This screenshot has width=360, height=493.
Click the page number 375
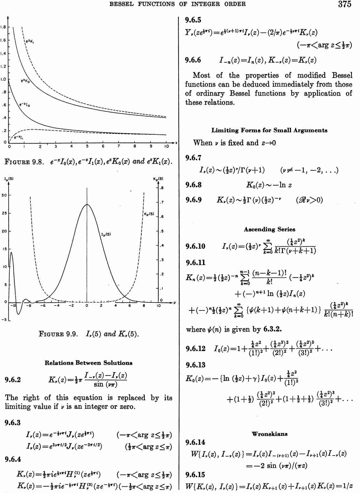tap(344, 4)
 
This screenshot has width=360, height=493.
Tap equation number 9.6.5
tap(193, 20)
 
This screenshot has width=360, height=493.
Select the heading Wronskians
tap(269, 434)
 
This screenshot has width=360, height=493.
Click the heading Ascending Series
tap(269, 229)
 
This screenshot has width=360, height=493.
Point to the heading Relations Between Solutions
tap(88, 363)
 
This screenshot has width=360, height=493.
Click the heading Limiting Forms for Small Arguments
tap(269, 130)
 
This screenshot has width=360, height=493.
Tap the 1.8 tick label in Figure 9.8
tap(3, 27)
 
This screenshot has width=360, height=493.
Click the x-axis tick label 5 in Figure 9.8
tap(87, 146)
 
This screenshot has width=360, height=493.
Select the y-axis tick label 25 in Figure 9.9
tap(4, 213)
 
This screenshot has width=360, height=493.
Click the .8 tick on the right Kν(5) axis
tap(162, 188)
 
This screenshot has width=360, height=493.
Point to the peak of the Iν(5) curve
tap(87, 205)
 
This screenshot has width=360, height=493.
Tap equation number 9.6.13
tap(195, 365)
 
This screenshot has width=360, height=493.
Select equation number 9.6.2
tap(13, 380)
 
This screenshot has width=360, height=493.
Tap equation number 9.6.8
tap(193, 185)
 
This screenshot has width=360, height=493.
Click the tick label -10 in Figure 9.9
tap(13, 306)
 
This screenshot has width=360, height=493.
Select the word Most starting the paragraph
tap(201, 75)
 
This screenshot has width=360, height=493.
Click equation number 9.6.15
tap(195, 475)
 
